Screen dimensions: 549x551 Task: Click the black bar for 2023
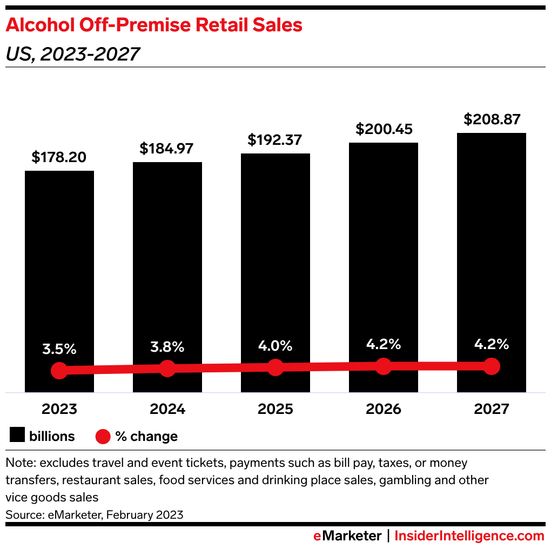click(x=59, y=259)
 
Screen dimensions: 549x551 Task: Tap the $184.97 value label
click(x=166, y=149)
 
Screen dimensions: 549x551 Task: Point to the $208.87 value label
click(x=491, y=119)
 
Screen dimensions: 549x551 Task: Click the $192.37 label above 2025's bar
click(x=275, y=139)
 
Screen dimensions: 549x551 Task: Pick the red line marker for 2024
click(x=167, y=369)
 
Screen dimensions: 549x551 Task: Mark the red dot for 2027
click(x=491, y=366)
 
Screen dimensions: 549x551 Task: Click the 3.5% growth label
click(x=59, y=349)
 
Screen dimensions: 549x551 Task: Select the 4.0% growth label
click(x=275, y=345)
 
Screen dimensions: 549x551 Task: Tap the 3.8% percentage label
click(x=167, y=346)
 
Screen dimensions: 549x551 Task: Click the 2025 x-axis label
click(x=275, y=409)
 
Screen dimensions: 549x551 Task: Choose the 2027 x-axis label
click(x=491, y=409)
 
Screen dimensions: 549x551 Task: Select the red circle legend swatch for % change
click(x=103, y=436)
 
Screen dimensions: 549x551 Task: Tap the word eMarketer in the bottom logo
click(x=347, y=536)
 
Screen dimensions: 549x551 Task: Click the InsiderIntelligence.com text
click(x=469, y=536)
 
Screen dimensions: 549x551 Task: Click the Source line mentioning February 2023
click(x=95, y=514)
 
